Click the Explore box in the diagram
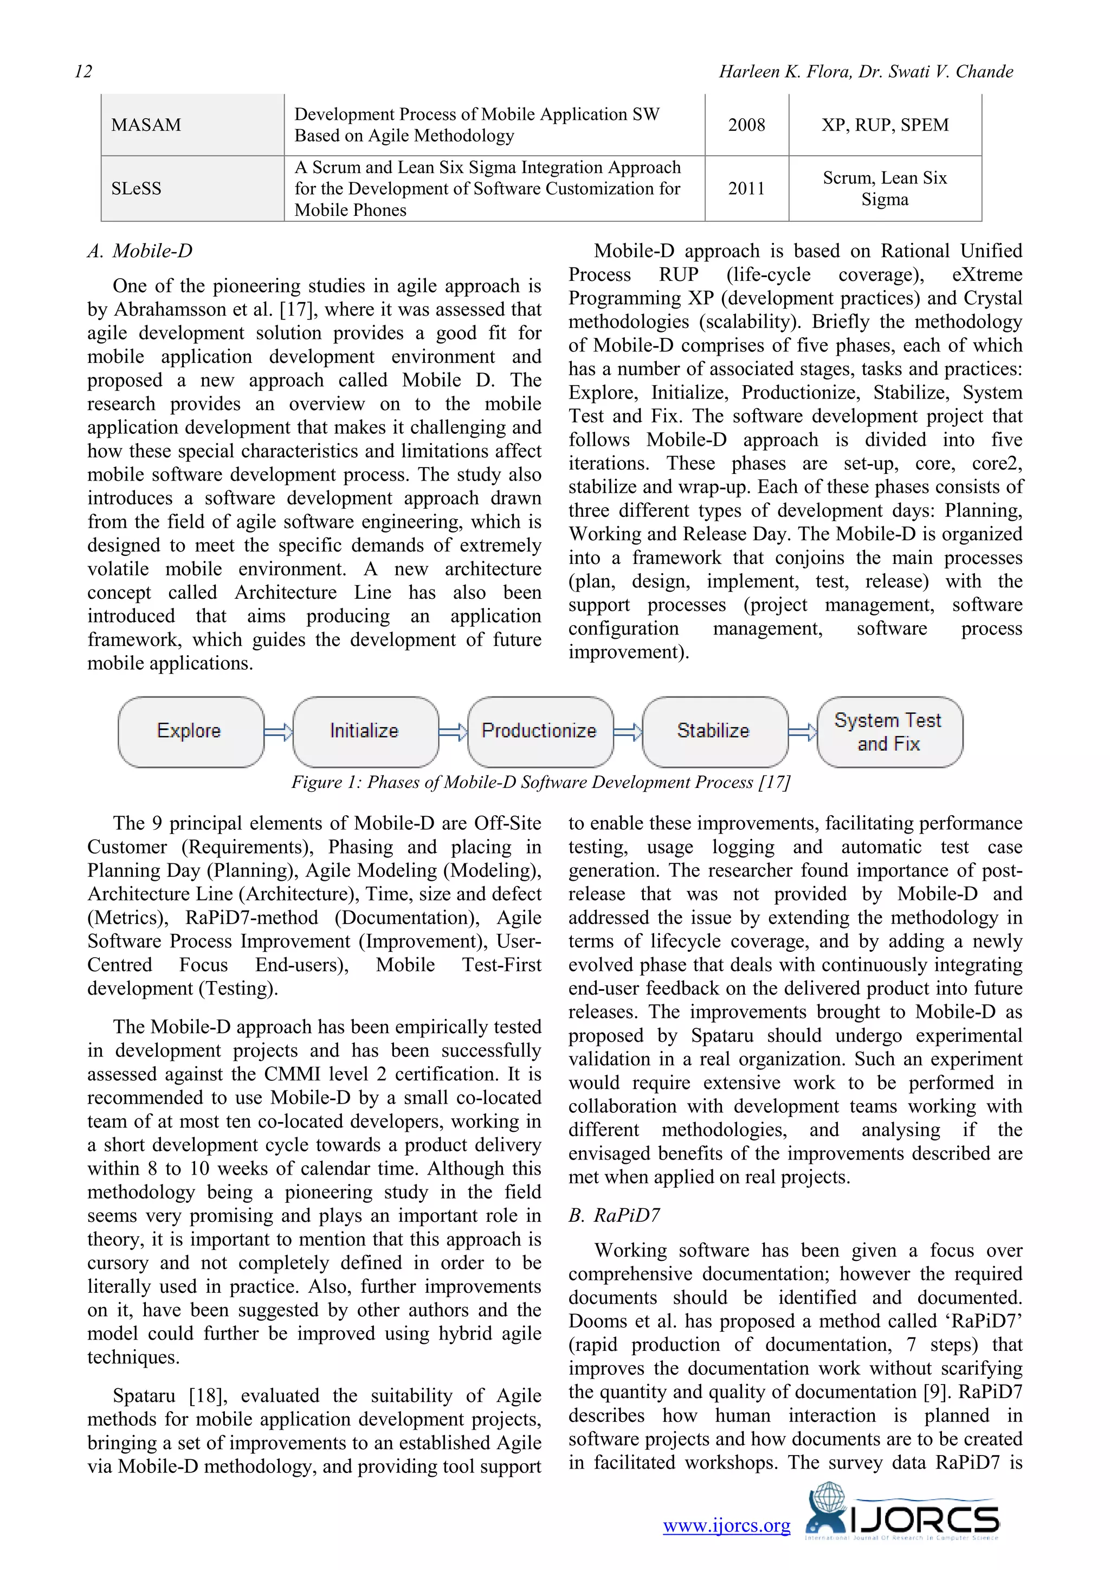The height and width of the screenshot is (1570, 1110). (x=190, y=731)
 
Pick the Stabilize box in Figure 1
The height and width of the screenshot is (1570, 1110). (x=714, y=731)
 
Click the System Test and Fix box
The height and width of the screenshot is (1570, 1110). (x=889, y=732)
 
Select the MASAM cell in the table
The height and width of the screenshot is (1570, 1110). (x=146, y=125)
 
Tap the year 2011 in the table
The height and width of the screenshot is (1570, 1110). (x=746, y=189)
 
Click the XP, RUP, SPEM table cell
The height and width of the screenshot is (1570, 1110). (x=885, y=125)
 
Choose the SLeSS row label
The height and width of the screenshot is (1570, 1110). (x=137, y=189)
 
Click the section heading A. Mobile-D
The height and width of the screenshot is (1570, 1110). (x=140, y=251)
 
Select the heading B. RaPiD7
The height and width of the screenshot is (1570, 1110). (x=615, y=1215)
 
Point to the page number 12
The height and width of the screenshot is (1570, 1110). (x=83, y=72)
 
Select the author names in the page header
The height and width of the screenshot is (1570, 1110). (x=866, y=72)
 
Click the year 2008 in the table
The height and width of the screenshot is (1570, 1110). (x=746, y=125)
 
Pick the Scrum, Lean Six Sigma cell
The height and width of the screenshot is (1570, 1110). (x=885, y=189)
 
